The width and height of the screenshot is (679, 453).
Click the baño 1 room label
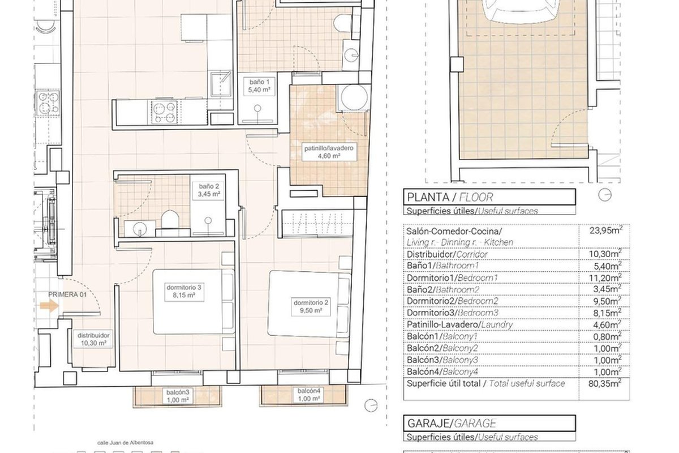coord(259,86)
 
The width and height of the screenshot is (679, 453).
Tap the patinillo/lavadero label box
coord(329,152)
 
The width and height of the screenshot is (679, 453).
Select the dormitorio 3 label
coord(184,291)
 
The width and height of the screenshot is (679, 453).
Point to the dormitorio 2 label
coord(311,307)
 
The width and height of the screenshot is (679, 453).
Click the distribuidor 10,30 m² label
coord(93,339)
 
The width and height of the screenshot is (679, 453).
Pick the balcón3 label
coord(178,396)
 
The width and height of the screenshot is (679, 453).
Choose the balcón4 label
coord(308,395)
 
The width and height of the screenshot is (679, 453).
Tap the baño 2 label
coord(209,190)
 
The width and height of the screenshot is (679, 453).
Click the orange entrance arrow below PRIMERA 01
coord(49,306)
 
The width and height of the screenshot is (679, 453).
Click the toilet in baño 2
coord(170,219)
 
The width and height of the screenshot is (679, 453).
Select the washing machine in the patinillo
coord(354,97)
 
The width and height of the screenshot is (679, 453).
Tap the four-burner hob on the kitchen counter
coord(164,112)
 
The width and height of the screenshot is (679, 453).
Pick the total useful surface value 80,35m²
coord(605,383)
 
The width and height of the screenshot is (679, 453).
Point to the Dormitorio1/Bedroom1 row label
coord(452,277)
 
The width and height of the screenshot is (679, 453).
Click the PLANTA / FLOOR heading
coord(450,197)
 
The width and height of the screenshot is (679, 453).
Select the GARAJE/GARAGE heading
coord(452,423)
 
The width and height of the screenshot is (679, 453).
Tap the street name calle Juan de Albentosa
coord(125,443)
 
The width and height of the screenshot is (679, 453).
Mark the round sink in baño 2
coord(139,228)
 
